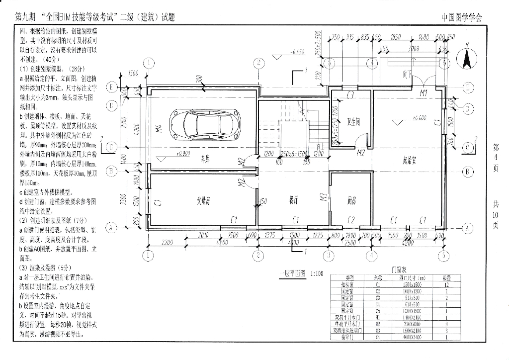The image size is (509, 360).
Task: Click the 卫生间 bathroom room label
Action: tap(353, 120)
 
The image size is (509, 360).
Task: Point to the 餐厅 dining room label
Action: tap(294, 200)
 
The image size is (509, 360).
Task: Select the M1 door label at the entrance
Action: tap(424, 93)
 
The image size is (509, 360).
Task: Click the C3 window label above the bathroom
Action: tap(350, 94)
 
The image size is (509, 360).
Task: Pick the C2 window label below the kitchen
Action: tap(351, 219)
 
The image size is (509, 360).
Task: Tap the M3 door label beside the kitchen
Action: tap(323, 197)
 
